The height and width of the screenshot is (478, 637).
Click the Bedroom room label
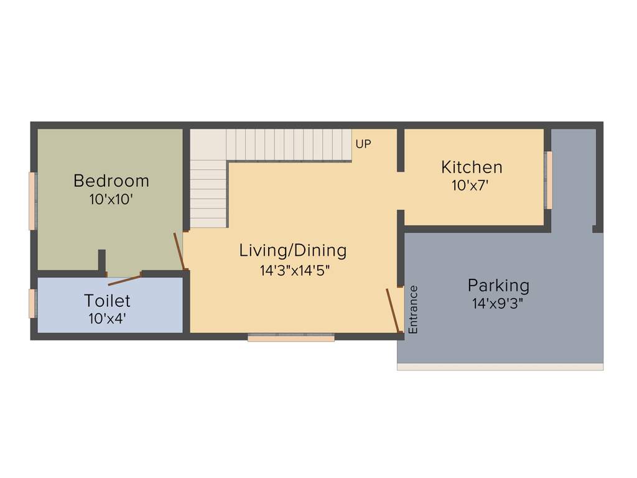click(x=111, y=181)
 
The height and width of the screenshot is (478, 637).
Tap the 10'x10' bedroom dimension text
click(x=111, y=200)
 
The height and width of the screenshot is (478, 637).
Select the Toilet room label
click(x=107, y=301)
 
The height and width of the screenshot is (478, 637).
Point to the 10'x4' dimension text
click(x=107, y=318)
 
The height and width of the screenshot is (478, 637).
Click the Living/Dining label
click(x=293, y=251)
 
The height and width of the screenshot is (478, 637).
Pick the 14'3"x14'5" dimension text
click(x=294, y=271)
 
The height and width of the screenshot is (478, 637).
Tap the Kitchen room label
click(x=472, y=167)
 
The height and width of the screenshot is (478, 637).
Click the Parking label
click(x=498, y=286)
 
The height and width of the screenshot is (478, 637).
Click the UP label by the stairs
click(x=363, y=144)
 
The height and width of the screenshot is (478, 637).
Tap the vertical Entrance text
click(x=413, y=309)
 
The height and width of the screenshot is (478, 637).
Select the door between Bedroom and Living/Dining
click(x=179, y=251)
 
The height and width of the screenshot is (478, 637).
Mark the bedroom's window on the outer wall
click(x=32, y=201)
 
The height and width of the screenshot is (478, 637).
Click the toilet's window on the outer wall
click(x=32, y=304)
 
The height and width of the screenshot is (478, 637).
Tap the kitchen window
click(x=549, y=180)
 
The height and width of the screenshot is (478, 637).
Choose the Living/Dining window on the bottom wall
click(x=291, y=338)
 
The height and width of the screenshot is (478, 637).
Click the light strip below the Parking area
click(x=500, y=367)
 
